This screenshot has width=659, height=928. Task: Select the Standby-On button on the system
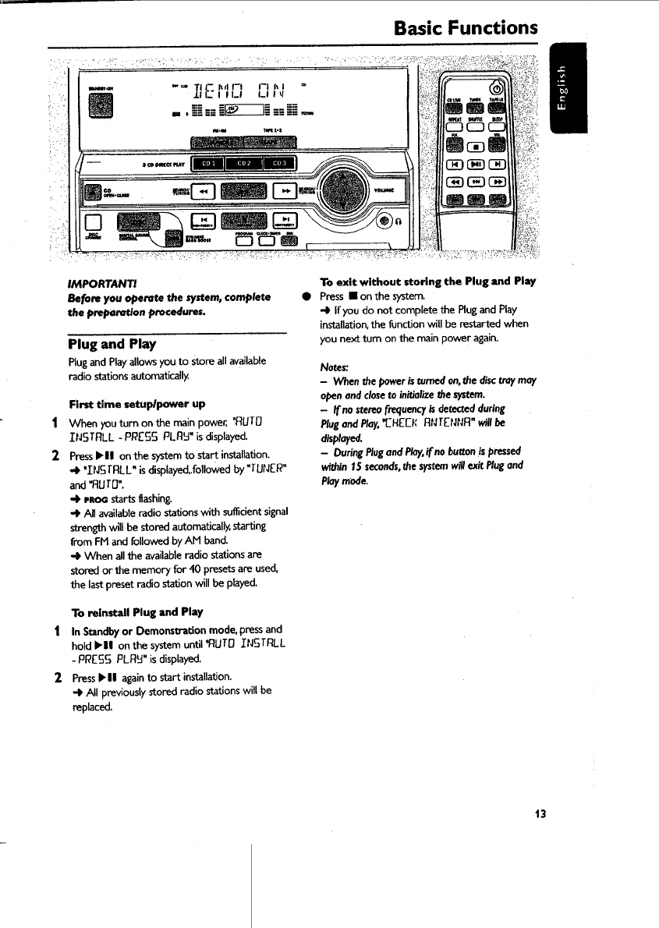click(x=101, y=106)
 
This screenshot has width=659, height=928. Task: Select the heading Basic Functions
click(x=466, y=29)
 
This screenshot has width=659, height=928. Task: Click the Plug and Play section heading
click(x=112, y=343)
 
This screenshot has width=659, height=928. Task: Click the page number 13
click(x=540, y=814)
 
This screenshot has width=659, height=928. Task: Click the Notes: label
click(x=336, y=366)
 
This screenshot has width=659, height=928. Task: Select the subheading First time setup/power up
click(x=136, y=404)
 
